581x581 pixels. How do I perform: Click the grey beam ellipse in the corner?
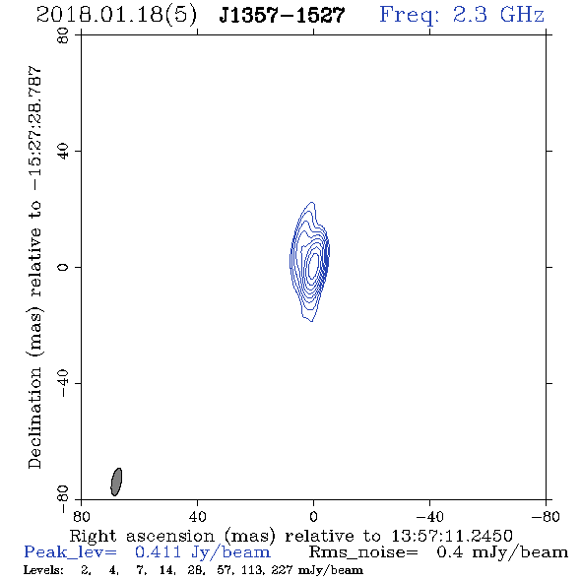116,482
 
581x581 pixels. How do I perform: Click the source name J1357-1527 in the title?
282,15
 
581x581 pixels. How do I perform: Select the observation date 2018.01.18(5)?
116,15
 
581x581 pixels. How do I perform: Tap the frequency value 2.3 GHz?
498,15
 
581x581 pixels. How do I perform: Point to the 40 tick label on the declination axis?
63,151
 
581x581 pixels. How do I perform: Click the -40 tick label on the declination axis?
63,383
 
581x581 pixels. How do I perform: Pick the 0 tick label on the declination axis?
63,267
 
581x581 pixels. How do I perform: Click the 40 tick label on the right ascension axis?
197,517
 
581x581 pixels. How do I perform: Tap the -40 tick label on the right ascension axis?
429,517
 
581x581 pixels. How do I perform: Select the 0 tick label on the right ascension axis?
313,517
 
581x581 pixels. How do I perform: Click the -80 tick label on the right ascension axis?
546,517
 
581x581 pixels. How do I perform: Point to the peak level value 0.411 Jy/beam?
203,552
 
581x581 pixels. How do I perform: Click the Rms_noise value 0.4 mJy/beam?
502,552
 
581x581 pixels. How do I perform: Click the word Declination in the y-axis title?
34,418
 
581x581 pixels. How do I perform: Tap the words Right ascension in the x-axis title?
142,536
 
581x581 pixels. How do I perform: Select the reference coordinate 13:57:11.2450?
452,536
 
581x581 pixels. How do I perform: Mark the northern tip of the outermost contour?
312,202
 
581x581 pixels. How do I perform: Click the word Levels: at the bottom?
43,569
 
